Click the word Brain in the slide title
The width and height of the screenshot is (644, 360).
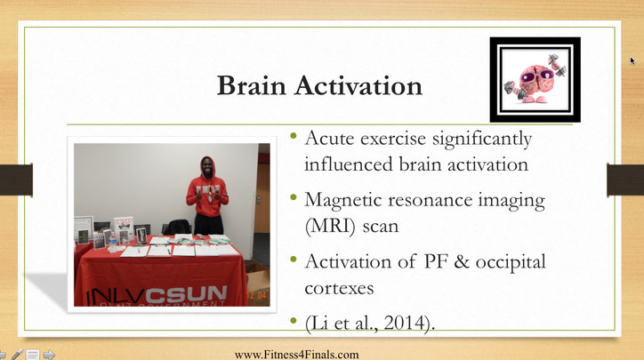point(251,85)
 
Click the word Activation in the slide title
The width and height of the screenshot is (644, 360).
point(358,85)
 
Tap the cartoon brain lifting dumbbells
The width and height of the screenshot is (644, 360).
point(535,79)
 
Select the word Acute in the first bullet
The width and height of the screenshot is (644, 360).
point(329,139)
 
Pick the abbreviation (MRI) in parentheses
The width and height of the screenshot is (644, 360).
point(330,227)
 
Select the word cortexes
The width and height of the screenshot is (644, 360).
point(339,288)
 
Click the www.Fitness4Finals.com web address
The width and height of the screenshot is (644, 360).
point(296,355)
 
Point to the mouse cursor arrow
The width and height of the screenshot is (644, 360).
point(632,60)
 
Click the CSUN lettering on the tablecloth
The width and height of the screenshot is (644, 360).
point(186,294)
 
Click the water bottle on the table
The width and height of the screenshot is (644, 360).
point(113,242)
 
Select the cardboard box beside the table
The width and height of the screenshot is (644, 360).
point(258,279)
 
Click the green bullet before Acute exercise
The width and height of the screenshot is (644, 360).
point(294,135)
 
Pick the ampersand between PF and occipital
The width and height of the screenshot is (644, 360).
point(461,262)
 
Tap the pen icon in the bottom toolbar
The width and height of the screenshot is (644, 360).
point(17,355)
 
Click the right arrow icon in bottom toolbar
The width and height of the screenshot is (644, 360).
point(49,355)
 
